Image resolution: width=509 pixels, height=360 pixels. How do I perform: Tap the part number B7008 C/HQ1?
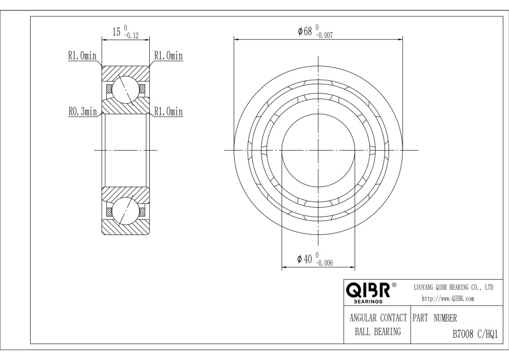click(x=475, y=335)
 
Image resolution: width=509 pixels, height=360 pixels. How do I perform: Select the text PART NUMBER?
click(x=435, y=318)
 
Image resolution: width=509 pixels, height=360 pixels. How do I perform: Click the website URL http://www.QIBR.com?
click(x=448, y=299)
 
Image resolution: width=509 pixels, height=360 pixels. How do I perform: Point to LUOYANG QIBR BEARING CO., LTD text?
click(x=454, y=287)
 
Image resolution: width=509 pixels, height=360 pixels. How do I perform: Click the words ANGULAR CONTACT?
click(x=378, y=318)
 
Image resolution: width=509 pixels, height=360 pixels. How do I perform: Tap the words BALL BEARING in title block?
click(x=378, y=331)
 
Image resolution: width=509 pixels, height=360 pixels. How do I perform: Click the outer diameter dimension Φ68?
click(x=305, y=31)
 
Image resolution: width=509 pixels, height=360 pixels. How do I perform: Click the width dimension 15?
click(x=117, y=32)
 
